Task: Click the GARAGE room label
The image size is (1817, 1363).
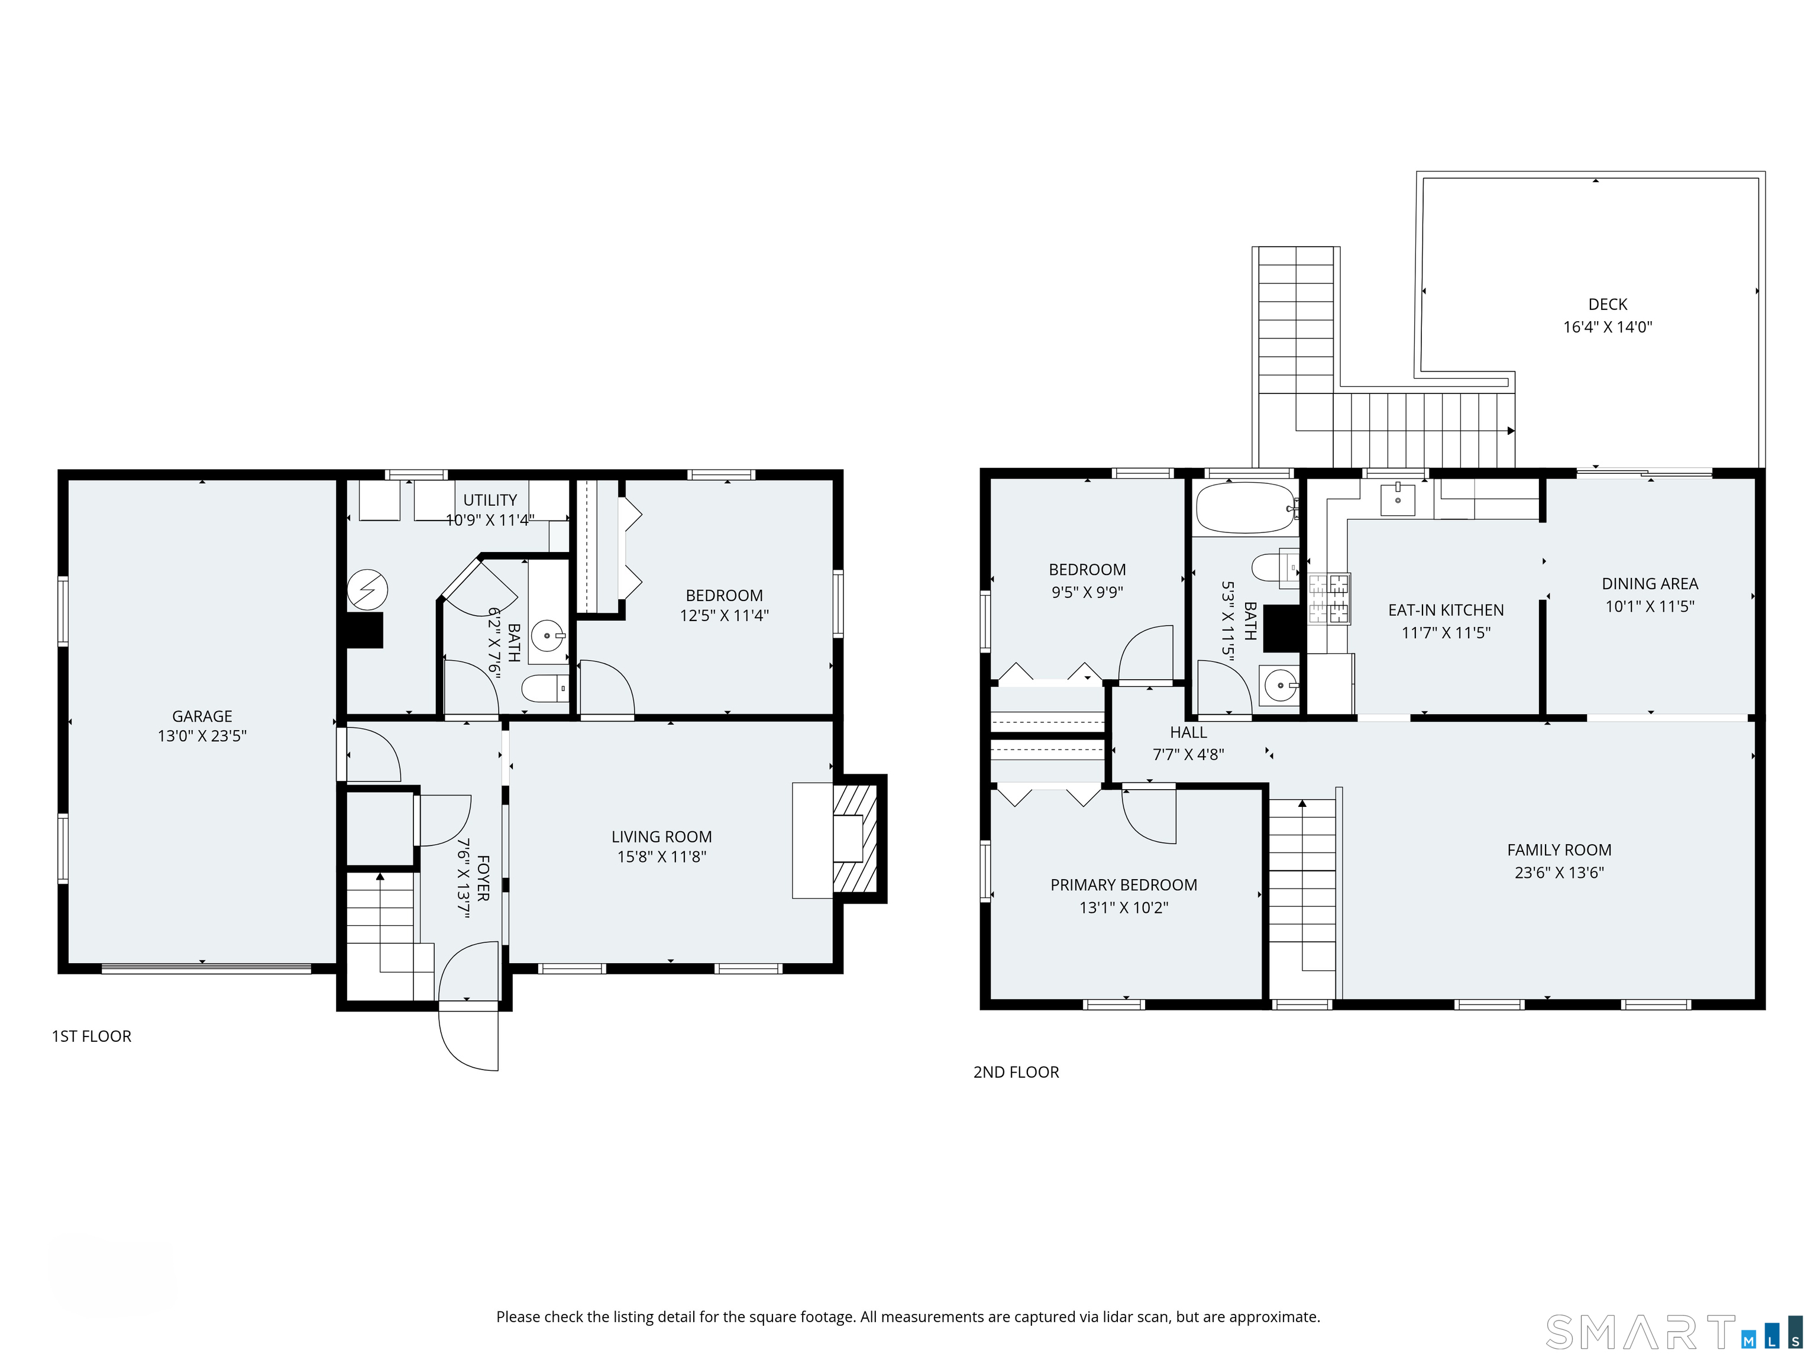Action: click(202, 716)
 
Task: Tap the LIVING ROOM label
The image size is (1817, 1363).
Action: click(661, 836)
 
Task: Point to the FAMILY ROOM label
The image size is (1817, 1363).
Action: click(1559, 850)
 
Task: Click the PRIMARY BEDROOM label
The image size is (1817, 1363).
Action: click(1124, 885)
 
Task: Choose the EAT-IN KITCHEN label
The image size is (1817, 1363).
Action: click(1446, 611)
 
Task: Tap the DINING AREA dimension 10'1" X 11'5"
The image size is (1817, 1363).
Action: click(1650, 606)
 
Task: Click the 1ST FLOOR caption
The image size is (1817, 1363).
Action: click(91, 1036)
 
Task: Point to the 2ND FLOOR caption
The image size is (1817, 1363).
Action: click(1016, 1072)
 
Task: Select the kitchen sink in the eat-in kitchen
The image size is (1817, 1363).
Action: click(1397, 499)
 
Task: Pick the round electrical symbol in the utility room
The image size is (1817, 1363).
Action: click(367, 589)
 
